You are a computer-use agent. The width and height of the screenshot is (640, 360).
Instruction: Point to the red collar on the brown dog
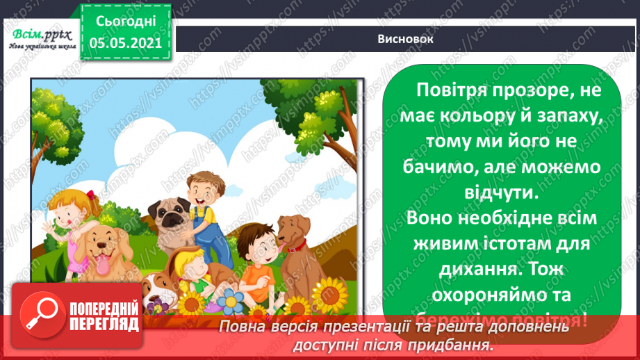[296, 245]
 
